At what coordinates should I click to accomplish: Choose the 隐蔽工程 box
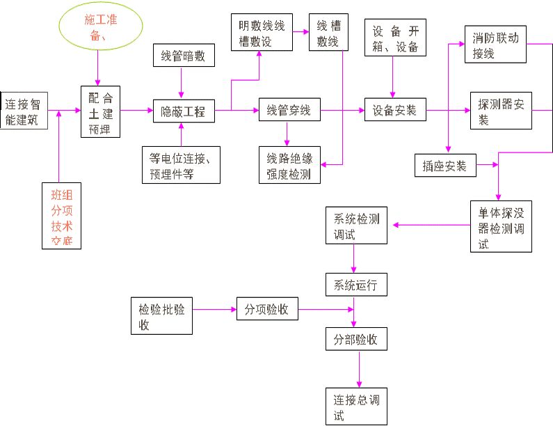183,111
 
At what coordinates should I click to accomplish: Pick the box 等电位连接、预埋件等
181,164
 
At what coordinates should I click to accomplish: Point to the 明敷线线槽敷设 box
262,31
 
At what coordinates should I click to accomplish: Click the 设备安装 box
394,110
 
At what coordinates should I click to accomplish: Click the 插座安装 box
444,165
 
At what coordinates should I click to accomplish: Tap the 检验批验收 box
161,315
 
